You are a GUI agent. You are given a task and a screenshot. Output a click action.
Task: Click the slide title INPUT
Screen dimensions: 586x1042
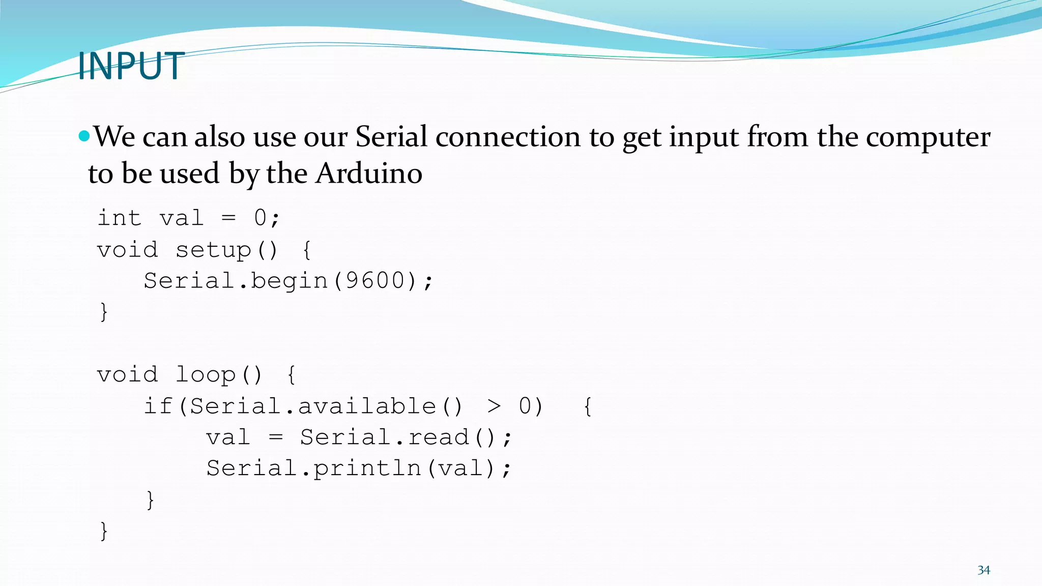[x=131, y=66]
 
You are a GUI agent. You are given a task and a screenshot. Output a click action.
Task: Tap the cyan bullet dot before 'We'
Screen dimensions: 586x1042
[x=84, y=136]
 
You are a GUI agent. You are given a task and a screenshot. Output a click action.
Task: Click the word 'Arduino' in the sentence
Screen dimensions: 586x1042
[x=369, y=174]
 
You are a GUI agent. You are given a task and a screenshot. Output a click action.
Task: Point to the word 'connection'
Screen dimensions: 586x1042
[x=508, y=137]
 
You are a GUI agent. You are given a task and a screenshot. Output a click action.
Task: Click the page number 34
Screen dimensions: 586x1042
[x=983, y=570]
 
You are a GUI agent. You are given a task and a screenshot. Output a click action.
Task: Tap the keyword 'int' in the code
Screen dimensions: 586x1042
[x=119, y=218]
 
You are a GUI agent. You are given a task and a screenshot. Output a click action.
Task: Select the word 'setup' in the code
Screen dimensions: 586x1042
[x=214, y=250]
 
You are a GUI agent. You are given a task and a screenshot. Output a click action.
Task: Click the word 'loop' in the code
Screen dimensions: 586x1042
[x=206, y=375]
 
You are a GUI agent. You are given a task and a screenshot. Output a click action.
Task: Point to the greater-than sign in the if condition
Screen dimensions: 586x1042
[x=494, y=406]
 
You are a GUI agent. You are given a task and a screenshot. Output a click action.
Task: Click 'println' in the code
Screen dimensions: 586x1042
[x=367, y=468]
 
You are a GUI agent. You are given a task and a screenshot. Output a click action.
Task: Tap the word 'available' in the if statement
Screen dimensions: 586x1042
[x=367, y=406]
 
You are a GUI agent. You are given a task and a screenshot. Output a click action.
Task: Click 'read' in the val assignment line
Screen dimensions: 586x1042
[x=439, y=437]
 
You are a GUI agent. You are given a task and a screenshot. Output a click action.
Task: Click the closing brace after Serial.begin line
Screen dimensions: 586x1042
[x=104, y=312]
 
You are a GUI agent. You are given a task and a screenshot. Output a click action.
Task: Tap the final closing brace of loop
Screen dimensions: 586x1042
[x=104, y=531]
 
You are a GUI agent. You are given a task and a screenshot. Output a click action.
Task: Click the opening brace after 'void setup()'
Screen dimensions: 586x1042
[x=307, y=250]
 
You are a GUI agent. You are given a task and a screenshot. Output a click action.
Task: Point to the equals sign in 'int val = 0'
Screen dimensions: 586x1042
[x=229, y=218]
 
